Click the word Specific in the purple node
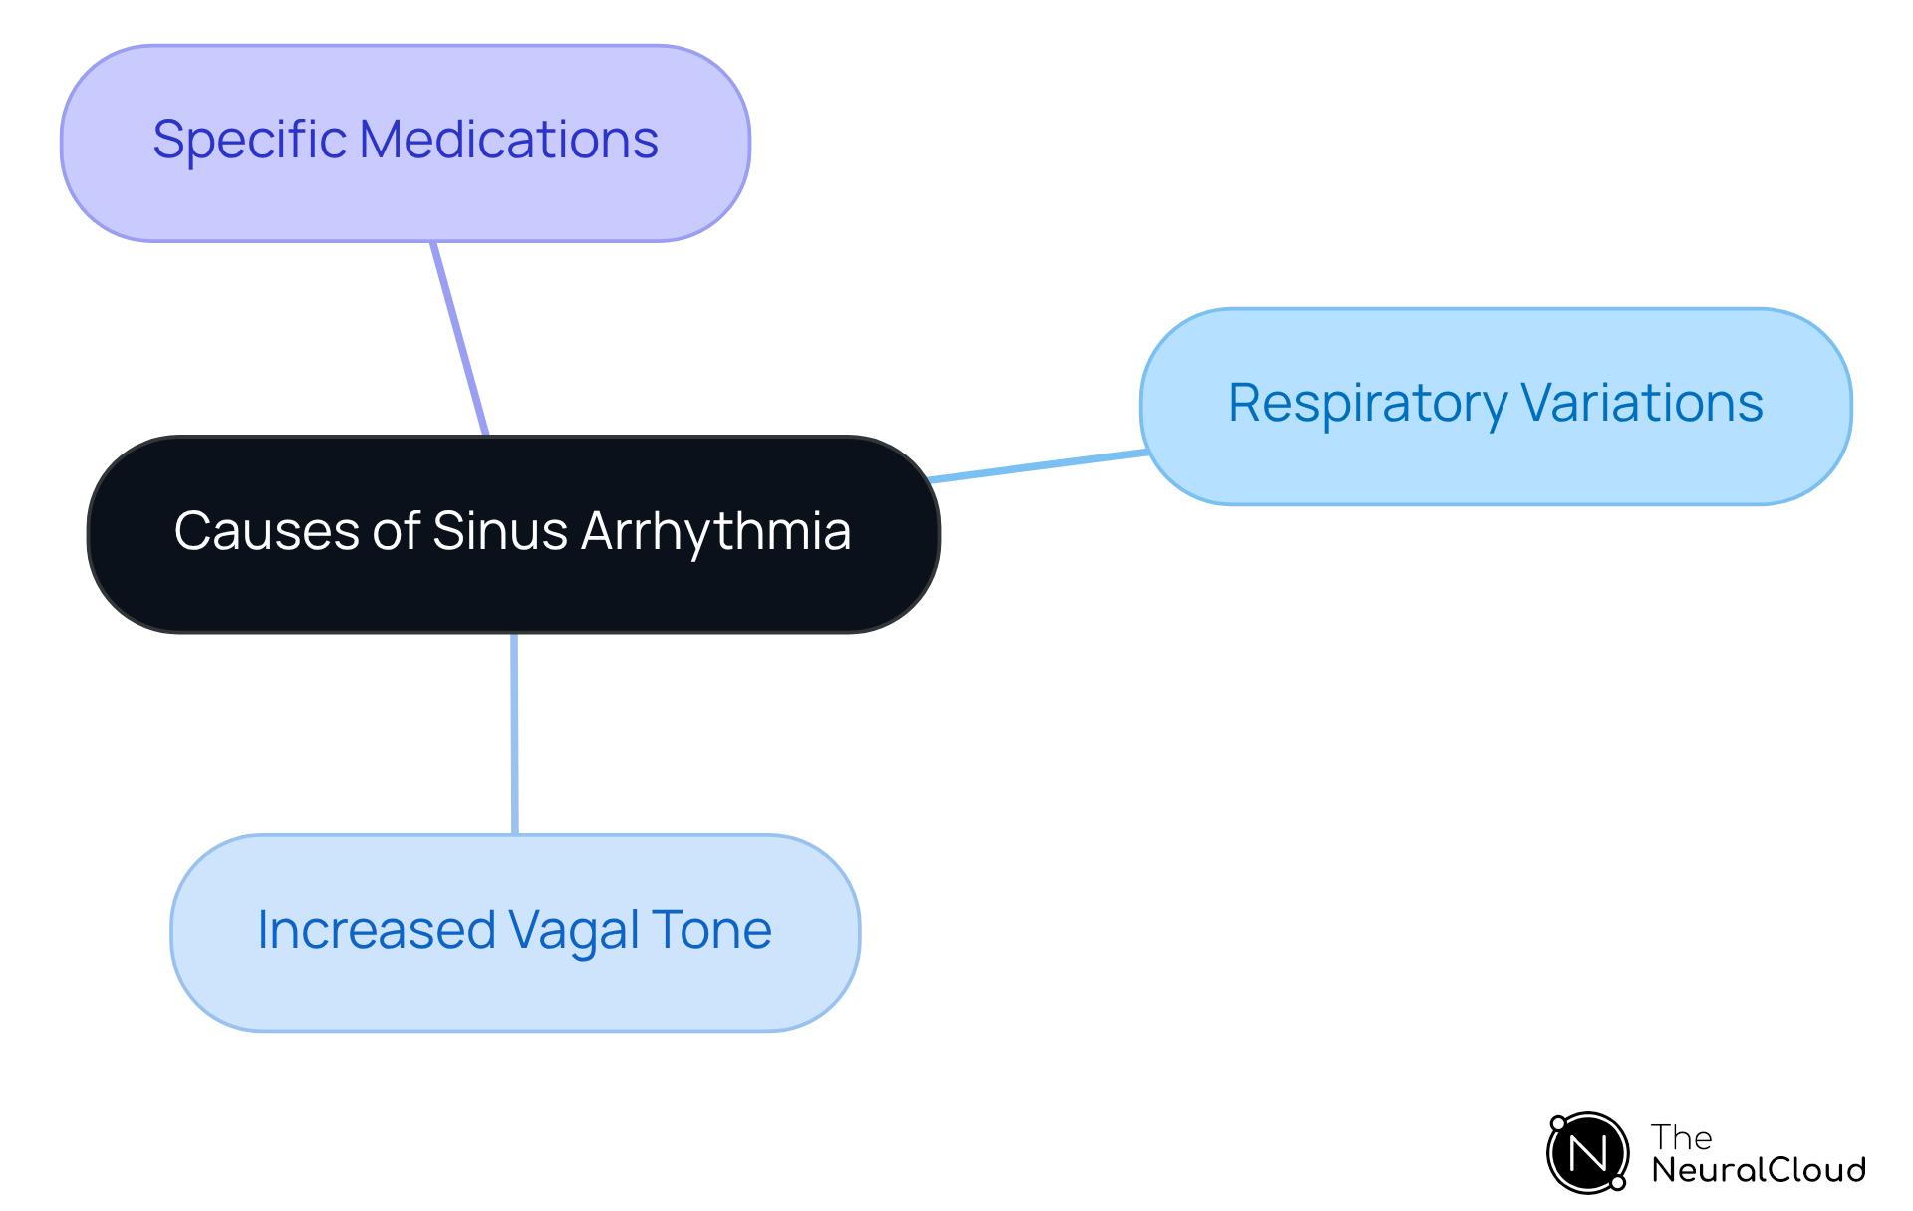249,140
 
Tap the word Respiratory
1367,404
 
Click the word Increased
376,930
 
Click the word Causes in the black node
267,530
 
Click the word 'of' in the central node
396,530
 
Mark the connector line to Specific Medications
460,339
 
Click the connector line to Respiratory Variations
1036,466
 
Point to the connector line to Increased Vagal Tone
514,734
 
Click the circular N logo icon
1587,1153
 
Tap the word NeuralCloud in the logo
1758,1170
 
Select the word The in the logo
1681,1137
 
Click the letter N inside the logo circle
1587,1154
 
